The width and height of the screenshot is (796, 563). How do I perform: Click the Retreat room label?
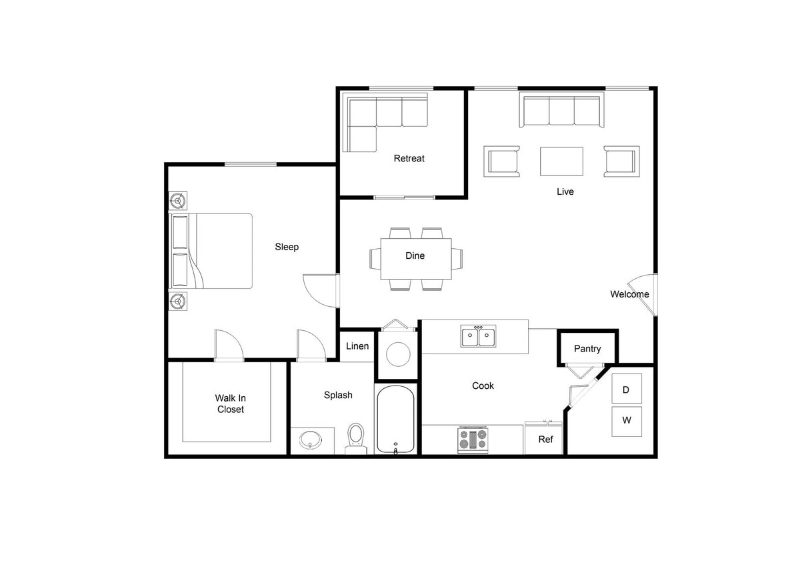(x=409, y=158)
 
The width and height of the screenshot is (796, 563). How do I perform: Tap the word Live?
(x=565, y=191)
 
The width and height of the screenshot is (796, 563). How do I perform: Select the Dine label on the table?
(x=415, y=255)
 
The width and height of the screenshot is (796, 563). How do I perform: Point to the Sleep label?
(x=287, y=247)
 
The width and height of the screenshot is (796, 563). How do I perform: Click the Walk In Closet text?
(x=230, y=404)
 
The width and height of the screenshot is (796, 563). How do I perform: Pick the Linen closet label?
(x=357, y=346)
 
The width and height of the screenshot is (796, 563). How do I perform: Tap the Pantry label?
(x=587, y=348)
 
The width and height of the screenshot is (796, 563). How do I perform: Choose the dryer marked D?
(x=627, y=389)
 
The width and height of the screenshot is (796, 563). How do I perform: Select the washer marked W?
(x=627, y=421)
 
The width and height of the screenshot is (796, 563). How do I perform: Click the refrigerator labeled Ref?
(x=545, y=439)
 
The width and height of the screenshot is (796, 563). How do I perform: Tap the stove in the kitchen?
(x=473, y=440)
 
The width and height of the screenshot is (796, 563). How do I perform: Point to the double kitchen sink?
(x=478, y=337)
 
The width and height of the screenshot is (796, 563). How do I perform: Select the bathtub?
(x=396, y=420)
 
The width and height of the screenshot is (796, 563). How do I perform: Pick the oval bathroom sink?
(x=311, y=440)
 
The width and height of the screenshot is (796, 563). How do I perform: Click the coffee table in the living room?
(x=561, y=161)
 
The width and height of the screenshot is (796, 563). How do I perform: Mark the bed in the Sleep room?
(x=213, y=251)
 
